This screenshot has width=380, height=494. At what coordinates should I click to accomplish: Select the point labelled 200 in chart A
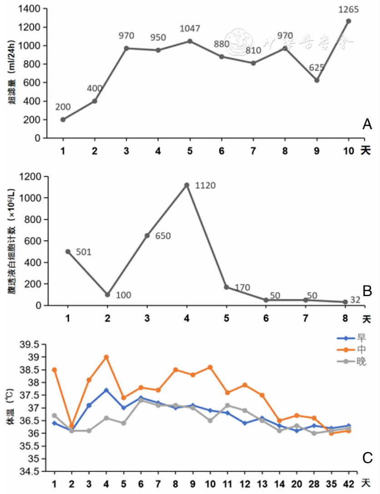(63, 120)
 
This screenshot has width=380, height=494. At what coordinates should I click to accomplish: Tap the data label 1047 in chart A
(190, 30)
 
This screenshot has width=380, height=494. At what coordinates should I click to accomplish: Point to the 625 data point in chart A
(317, 81)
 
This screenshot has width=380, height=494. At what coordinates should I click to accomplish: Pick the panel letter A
(367, 124)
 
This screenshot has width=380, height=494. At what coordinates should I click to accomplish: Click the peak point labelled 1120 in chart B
(187, 185)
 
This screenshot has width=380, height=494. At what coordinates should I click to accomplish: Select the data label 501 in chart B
(84, 252)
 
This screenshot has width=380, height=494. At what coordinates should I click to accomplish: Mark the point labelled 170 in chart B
(226, 287)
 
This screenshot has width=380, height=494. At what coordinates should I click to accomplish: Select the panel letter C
(367, 458)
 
